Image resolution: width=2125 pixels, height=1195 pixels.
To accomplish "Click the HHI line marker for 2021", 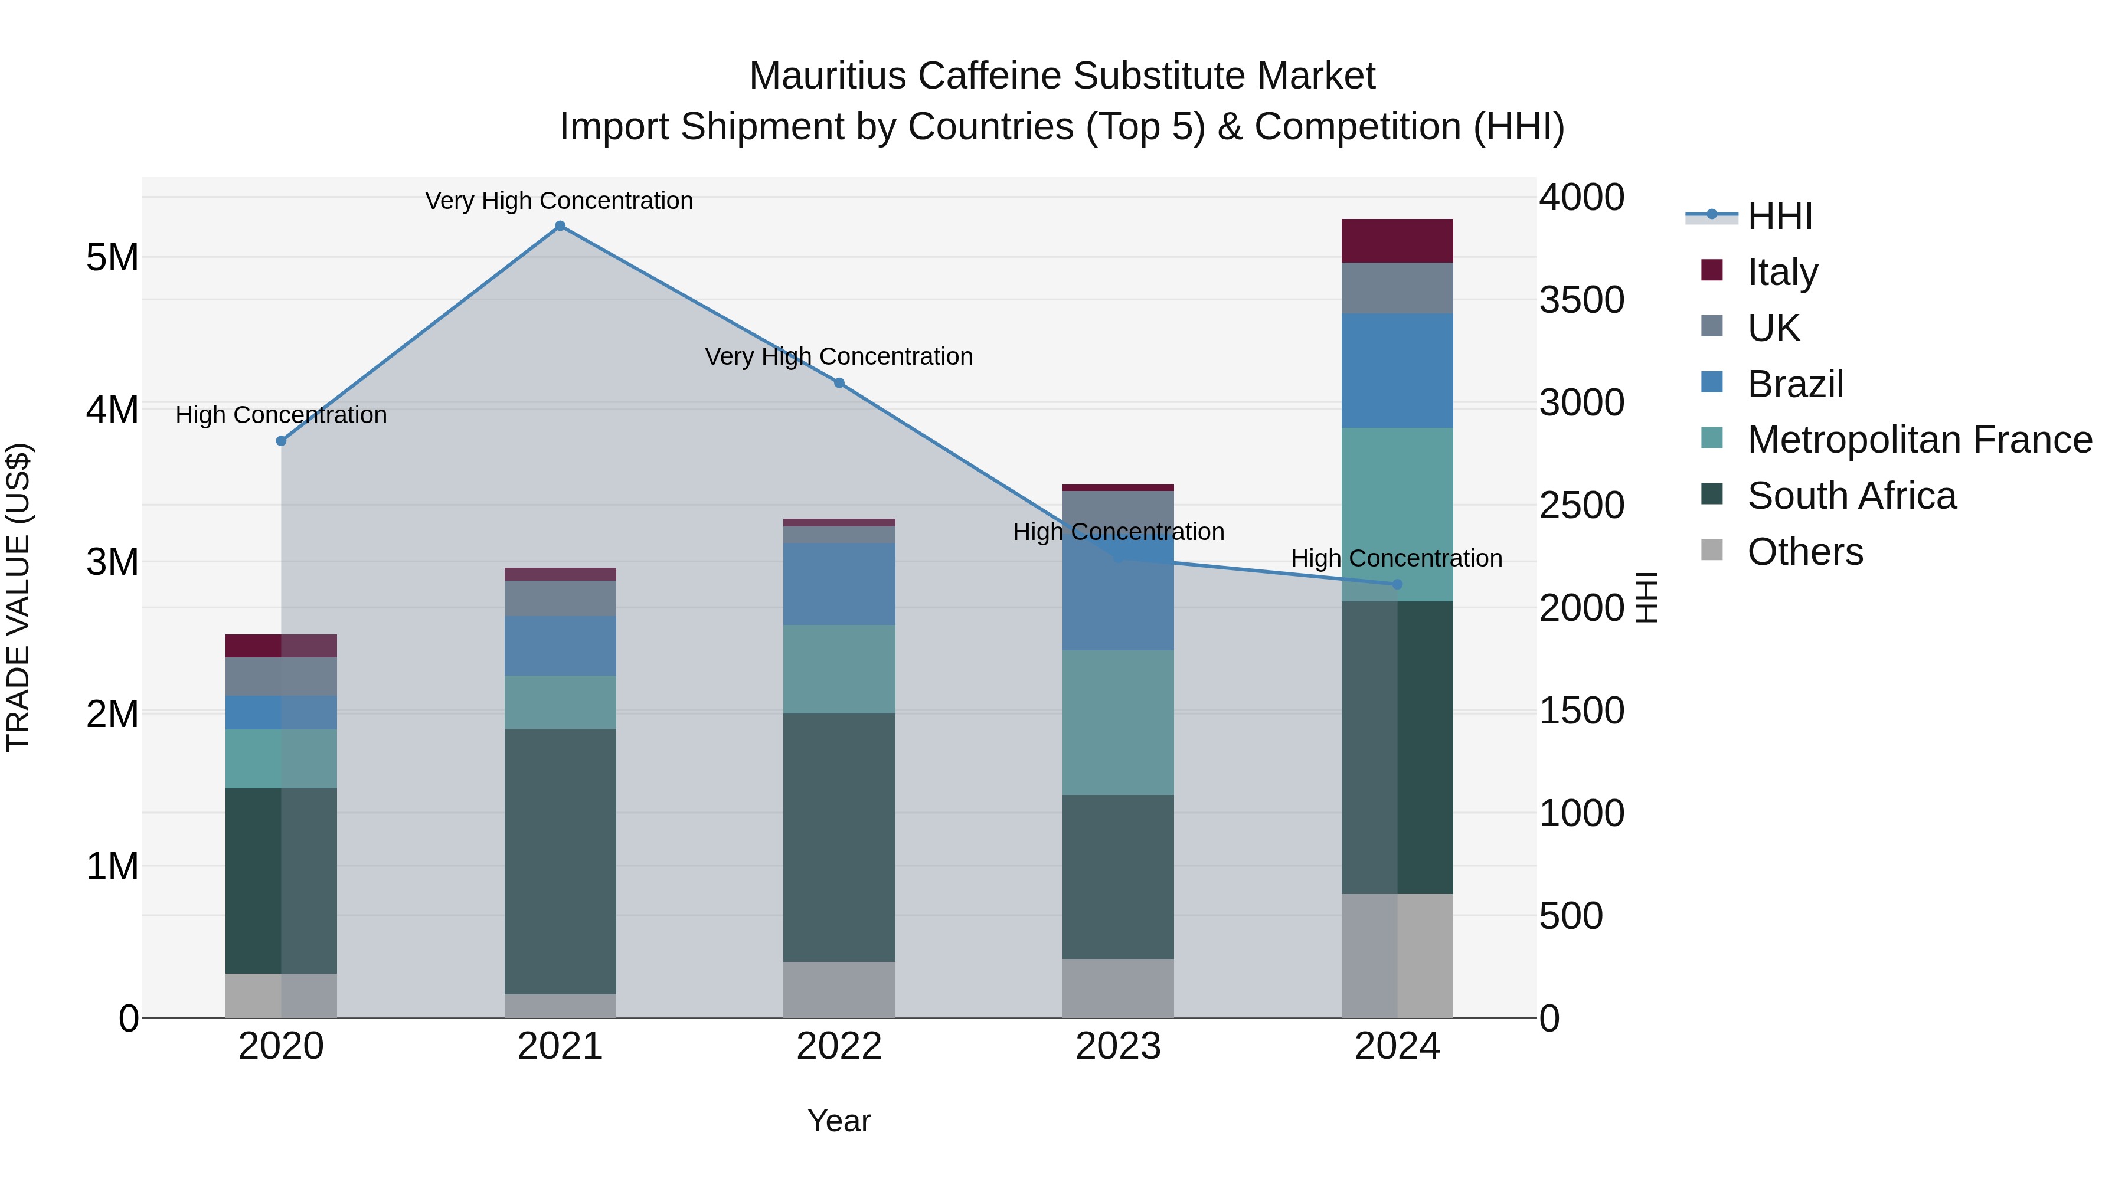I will coord(560,226).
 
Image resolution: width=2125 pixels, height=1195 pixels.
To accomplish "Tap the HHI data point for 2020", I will coord(282,441).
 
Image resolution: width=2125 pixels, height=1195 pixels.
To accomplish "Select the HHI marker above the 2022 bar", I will coord(839,382).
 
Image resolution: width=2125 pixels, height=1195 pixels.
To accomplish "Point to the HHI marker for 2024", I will coord(1397,584).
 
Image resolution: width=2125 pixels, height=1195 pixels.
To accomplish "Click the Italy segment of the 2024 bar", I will coord(1397,241).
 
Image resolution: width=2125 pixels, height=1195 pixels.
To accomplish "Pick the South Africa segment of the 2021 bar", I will coord(560,861).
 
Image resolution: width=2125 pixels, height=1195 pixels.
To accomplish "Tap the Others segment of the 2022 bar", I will coord(839,989).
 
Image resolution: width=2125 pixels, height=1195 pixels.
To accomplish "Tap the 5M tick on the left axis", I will coord(112,258).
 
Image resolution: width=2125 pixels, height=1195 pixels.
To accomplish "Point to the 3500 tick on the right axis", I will coord(1581,300).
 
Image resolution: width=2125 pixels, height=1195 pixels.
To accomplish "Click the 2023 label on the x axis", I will coord(1118,1046).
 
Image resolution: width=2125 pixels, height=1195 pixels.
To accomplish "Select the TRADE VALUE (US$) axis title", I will coord(19,597).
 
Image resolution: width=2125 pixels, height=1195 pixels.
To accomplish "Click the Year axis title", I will coord(839,1121).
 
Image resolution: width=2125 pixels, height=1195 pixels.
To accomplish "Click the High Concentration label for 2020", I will coord(282,415).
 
